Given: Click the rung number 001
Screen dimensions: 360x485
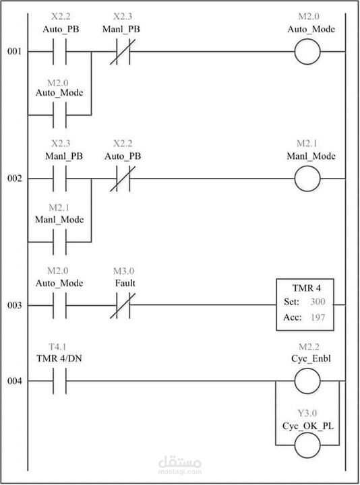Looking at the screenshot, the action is [15, 51].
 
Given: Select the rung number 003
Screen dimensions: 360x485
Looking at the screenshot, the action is [15, 305].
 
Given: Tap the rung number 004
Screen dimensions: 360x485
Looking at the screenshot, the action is [15, 381].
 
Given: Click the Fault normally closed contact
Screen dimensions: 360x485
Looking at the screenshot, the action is [123, 306].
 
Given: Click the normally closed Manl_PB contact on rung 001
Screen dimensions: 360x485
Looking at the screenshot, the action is [123, 52].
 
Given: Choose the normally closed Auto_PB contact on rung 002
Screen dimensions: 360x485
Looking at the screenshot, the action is [123, 179].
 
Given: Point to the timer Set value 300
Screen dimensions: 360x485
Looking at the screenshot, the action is [318, 302].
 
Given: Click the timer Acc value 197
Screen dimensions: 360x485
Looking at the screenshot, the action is [318, 317].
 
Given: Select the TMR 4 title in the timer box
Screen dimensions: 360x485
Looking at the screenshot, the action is [307, 288].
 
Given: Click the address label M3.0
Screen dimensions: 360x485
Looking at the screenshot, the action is [123, 271].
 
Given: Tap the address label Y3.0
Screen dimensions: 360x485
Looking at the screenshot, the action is [307, 413].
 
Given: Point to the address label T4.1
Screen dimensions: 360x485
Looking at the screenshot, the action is [57, 347].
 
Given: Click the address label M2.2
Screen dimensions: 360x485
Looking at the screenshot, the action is [309, 347].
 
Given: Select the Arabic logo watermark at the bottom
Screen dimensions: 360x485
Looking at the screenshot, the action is [180, 462].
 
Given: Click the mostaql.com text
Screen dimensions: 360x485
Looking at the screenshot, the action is [180, 472].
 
